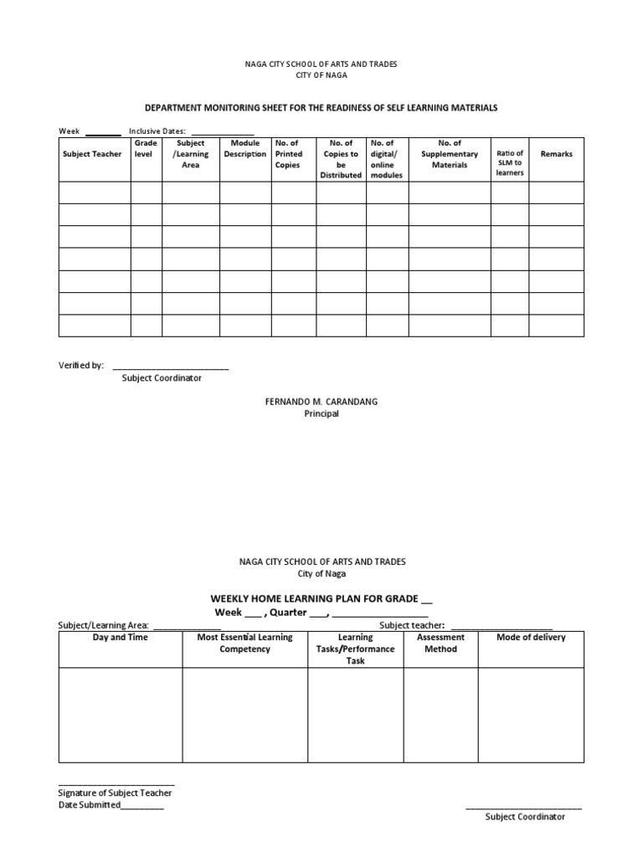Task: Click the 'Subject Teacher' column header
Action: click(92, 154)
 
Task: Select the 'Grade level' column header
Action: click(145, 149)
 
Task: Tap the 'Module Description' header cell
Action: click(244, 149)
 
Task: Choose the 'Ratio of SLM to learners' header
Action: click(509, 162)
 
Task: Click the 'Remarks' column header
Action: click(557, 154)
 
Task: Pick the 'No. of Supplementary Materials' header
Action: click(450, 154)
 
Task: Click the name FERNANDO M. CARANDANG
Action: click(321, 402)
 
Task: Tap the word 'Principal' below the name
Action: click(321, 413)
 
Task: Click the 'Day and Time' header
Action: click(120, 638)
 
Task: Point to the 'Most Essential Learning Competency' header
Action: click(244, 643)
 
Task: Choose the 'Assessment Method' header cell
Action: click(440, 643)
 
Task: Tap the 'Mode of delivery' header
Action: click(531, 638)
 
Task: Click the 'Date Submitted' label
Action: click(90, 805)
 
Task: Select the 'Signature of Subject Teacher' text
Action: click(115, 793)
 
